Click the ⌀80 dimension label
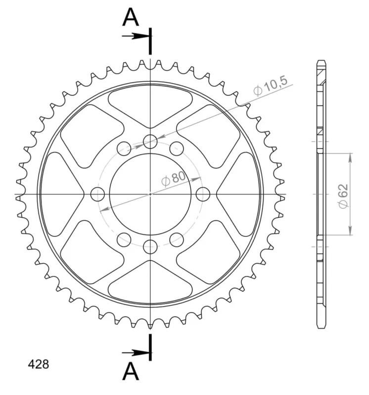(174, 179)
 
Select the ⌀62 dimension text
(343, 197)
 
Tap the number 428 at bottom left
(39, 364)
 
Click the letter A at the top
(131, 17)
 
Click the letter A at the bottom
(131, 371)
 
